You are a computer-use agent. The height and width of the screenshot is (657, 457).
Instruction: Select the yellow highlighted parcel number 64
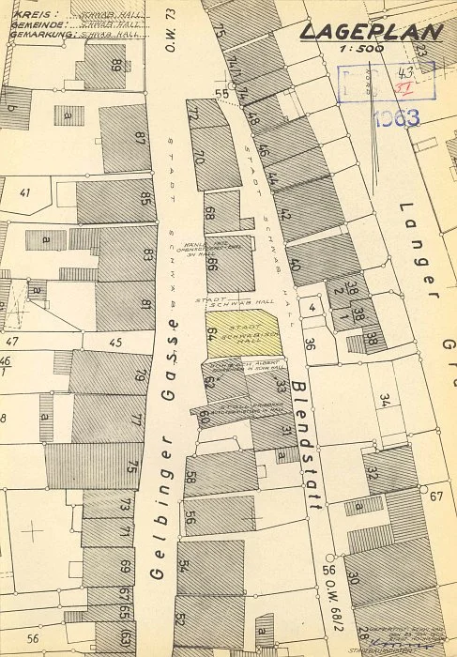pos(212,335)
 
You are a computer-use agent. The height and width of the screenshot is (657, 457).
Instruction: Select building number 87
pos(140,138)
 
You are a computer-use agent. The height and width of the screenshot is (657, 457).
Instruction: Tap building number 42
pos(284,214)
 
